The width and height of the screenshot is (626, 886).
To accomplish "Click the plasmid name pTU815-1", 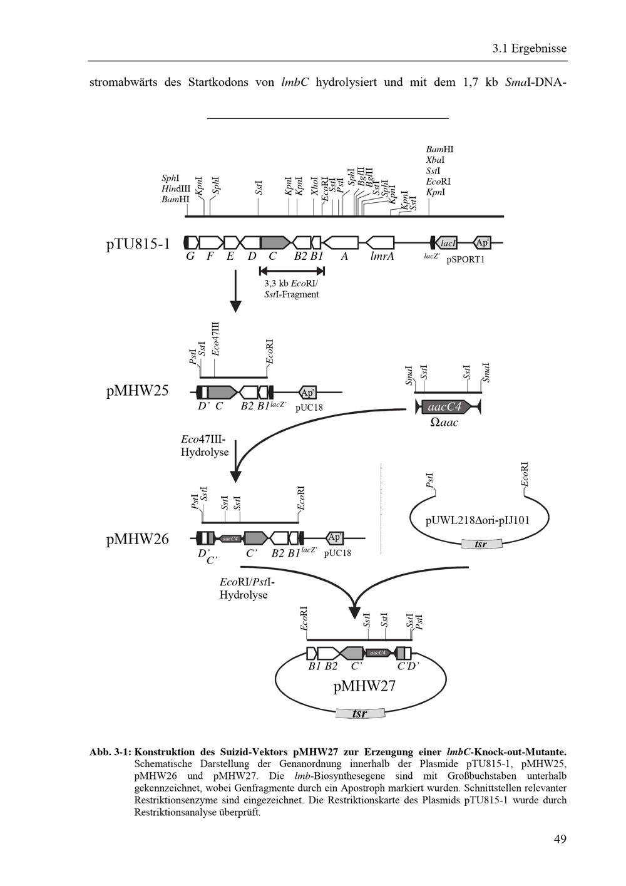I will [x=138, y=244].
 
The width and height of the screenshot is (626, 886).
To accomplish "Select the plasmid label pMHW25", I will [x=137, y=391].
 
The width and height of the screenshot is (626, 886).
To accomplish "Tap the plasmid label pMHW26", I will [x=137, y=538].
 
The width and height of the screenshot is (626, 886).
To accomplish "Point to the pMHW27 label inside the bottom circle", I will [x=364, y=686].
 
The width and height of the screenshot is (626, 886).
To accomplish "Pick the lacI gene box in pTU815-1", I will [x=448, y=243].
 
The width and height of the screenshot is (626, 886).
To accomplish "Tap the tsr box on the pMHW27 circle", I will [x=359, y=713].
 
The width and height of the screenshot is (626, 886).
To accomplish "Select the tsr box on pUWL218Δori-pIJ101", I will [x=481, y=544].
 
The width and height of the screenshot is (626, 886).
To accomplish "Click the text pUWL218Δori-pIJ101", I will [x=478, y=520].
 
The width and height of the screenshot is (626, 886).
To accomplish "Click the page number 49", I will [x=560, y=839].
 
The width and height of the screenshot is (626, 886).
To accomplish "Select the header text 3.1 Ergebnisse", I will [x=529, y=48].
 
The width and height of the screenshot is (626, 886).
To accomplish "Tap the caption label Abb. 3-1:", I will [x=110, y=751].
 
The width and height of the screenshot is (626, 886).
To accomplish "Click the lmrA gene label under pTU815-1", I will [x=382, y=256].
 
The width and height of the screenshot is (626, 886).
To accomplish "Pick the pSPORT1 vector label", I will [x=465, y=259].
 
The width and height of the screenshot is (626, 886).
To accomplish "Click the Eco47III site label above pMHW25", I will [x=215, y=339].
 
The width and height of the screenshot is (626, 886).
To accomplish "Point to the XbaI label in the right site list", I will [x=435, y=160].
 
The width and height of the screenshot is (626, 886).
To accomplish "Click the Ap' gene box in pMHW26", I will [x=335, y=537].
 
